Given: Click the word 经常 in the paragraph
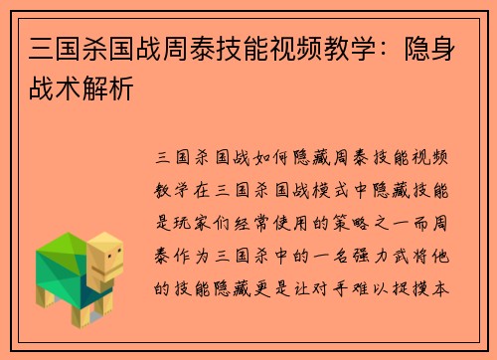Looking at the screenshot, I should pyautogui.click(x=263, y=223).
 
